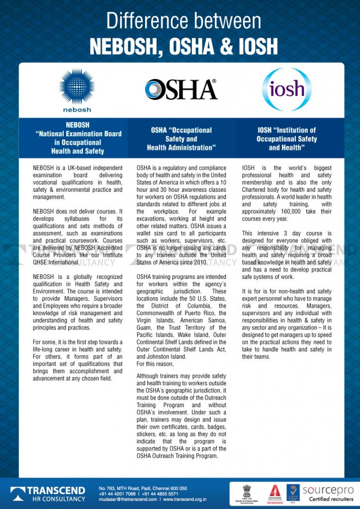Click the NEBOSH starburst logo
[x=77, y=86]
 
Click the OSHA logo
[x=181, y=89]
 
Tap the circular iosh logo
[x=286, y=89]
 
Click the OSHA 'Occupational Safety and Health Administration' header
[x=181, y=139]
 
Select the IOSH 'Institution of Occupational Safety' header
[x=286, y=139]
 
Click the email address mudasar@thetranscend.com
[x=128, y=499]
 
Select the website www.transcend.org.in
[x=184, y=499]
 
